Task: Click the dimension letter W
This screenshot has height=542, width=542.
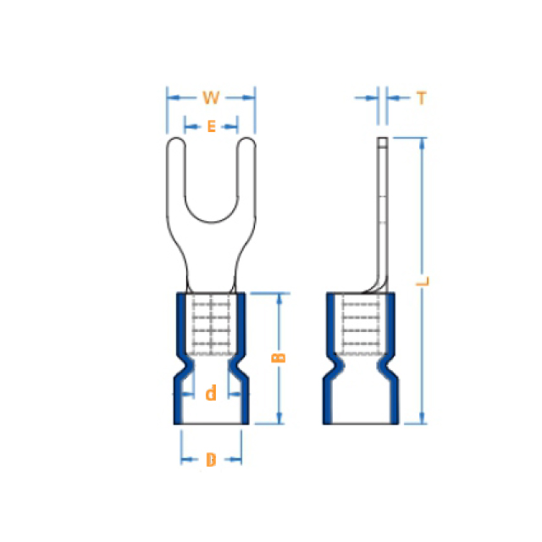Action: pyautogui.click(x=211, y=98)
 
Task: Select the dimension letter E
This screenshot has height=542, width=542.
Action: pyautogui.click(x=212, y=126)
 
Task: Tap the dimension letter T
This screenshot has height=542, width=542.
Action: pyautogui.click(x=422, y=98)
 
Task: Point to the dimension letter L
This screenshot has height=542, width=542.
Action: pyautogui.click(x=423, y=281)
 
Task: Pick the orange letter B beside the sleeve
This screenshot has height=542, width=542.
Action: pyautogui.click(x=279, y=357)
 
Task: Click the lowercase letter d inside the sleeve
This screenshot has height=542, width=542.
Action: pyautogui.click(x=211, y=393)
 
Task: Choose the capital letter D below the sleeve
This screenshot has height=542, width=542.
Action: pyautogui.click(x=211, y=460)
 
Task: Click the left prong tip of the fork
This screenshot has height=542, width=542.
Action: pyautogui.click(x=176, y=138)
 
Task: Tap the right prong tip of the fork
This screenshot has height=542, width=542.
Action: pyautogui.click(x=246, y=138)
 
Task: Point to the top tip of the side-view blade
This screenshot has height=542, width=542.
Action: pyautogui.click(x=382, y=138)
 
